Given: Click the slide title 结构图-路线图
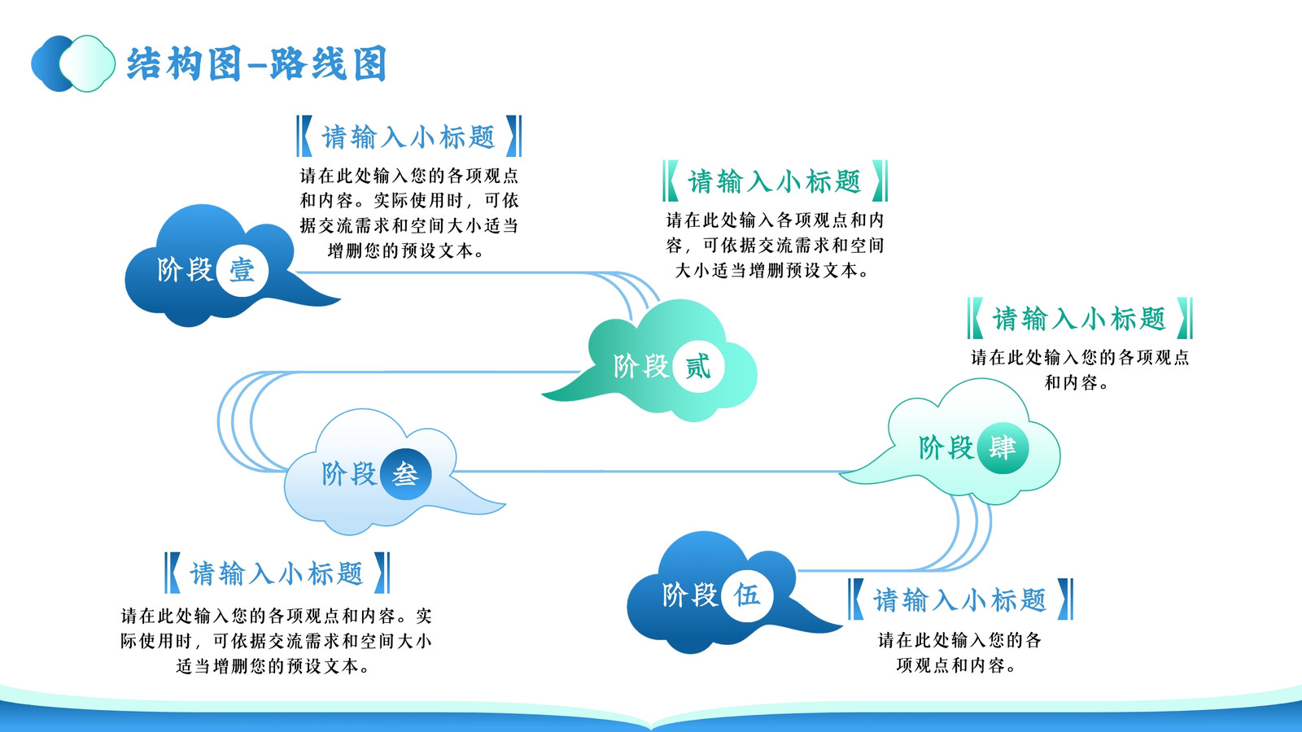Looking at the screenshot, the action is click(x=256, y=63).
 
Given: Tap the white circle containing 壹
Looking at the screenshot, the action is click(x=242, y=271).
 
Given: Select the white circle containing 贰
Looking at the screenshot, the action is click(x=697, y=367).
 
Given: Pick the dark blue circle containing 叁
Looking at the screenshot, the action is click(x=406, y=475).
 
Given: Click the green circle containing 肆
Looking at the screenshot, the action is click(x=1003, y=448).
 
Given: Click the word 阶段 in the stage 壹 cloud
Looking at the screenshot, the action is click(x=185, y=270).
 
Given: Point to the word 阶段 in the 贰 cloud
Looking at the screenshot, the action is click(x=641, y=367).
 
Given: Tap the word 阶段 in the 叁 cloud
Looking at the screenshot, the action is click(x=349, y=474).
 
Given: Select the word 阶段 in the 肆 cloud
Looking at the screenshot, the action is click(x=946, y=448).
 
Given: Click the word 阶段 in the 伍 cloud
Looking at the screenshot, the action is click(x=690, y=595).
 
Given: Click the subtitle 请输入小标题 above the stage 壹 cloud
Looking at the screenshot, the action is click(x=409, y=137).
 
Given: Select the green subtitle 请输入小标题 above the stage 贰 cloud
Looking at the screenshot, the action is click(x=774, y=181).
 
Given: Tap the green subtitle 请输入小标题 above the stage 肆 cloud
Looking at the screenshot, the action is click(x=1079, y=318).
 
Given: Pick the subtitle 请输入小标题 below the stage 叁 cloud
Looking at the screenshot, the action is click(x=277, y=573).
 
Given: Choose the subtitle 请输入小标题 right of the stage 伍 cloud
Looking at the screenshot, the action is click(x=959, y=599).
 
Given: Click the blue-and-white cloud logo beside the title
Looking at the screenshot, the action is click(x=73, y=63).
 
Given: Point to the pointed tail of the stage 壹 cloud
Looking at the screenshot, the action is click(x=340, y=300).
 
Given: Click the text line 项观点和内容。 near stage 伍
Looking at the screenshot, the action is click(x=957, y=665).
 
